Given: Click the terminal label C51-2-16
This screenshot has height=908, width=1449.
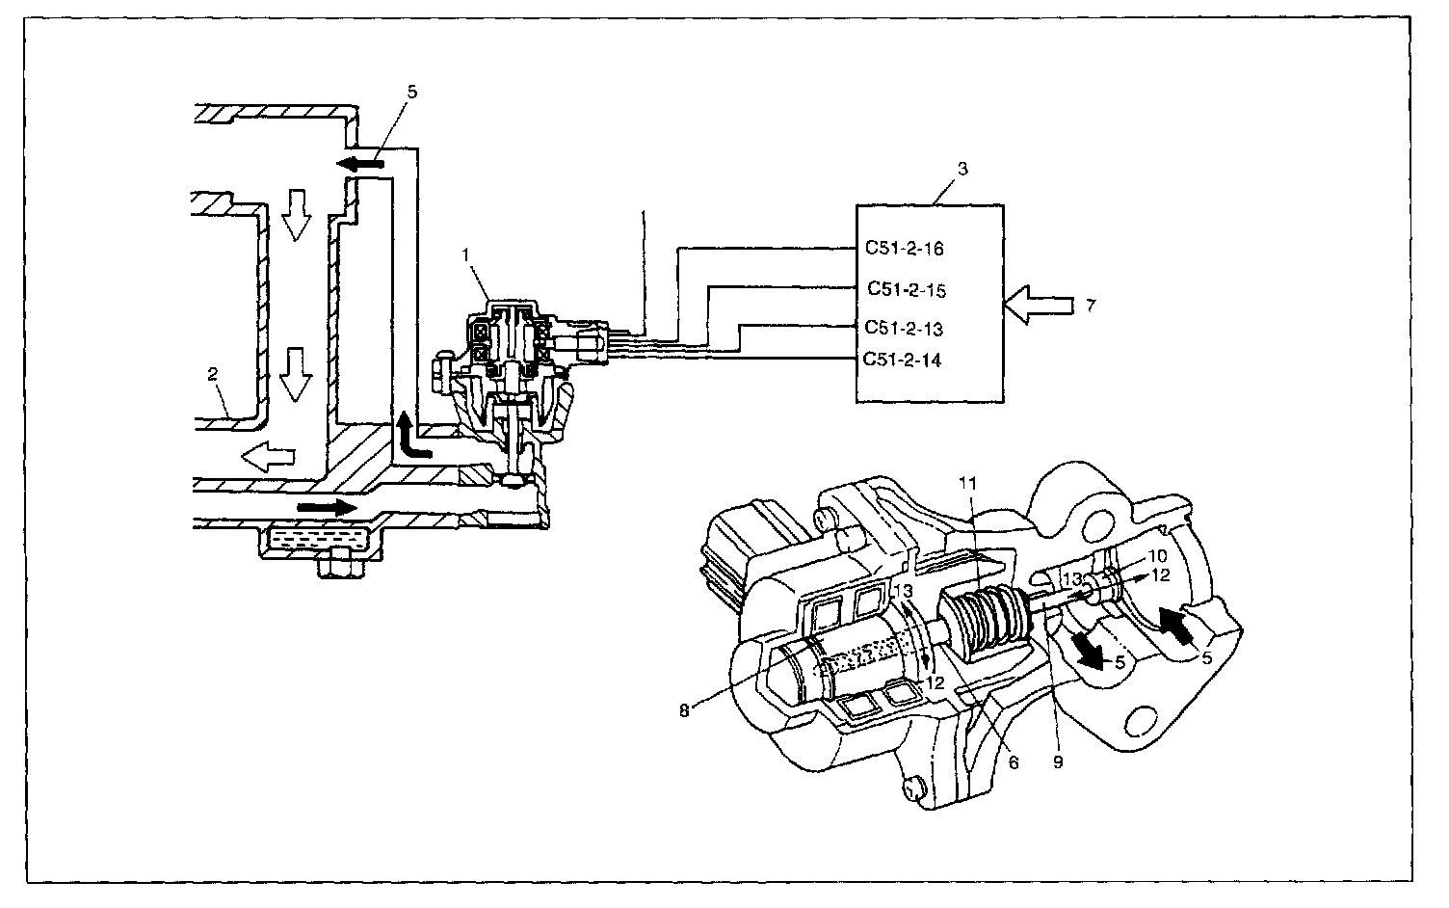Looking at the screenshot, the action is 905,249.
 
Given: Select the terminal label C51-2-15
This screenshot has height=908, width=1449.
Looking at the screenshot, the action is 907,289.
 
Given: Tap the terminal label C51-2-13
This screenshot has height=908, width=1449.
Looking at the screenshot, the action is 904,328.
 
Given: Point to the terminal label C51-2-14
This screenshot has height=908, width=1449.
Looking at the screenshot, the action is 902,360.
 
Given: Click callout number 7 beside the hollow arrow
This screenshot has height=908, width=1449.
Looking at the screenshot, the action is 1091,306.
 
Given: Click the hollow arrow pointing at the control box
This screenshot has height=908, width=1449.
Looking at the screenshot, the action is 1039,305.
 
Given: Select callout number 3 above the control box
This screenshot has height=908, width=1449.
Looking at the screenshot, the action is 962,169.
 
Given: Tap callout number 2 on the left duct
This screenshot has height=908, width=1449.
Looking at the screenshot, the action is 212,374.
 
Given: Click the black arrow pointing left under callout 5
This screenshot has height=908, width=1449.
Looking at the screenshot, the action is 360,164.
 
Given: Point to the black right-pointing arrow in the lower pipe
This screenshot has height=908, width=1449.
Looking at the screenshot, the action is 327,506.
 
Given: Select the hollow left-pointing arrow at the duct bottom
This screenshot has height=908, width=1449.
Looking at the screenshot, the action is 268,456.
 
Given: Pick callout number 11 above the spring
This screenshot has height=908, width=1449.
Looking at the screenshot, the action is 967,484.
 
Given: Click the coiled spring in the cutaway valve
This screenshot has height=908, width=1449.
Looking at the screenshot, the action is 984,623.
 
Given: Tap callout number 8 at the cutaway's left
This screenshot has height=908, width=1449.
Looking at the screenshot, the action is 684,710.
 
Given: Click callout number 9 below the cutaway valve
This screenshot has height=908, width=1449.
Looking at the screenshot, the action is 1058,762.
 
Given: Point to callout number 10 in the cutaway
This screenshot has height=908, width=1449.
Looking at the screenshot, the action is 1157,556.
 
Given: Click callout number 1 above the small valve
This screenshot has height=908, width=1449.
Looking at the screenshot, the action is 465,255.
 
